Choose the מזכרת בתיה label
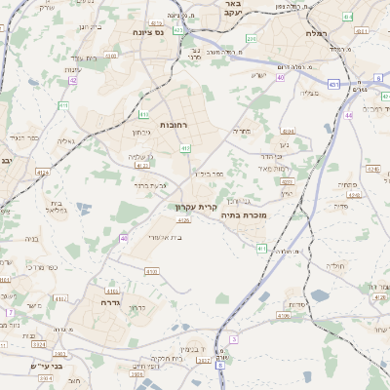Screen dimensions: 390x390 click(245, 214)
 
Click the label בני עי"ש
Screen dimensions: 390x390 click(46, 368)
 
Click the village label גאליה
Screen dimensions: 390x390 click(65, 139)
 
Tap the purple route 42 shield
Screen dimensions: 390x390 click(73, 81)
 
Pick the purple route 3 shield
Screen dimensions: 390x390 click(234, 339)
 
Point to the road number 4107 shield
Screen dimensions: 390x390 click(111, 56)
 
